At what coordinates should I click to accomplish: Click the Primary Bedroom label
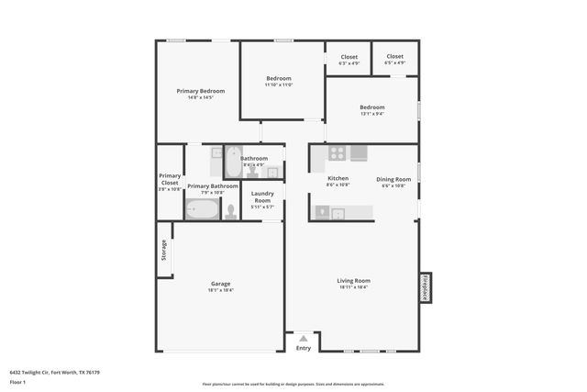click(200, 91)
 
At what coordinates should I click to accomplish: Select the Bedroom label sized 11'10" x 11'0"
click(279, 79)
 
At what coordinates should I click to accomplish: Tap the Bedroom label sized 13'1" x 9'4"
click(371, 107)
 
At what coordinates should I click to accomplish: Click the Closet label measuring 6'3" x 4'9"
click(349, 57)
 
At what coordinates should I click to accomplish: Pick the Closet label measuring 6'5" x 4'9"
click(394, 57)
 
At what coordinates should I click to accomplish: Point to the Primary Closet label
click(170, 179)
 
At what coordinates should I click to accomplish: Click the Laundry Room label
click(262, 196)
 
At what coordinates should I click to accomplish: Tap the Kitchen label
click(338, 178)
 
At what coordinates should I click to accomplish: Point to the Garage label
click(220, 284)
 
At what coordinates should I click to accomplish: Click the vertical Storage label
click(164, 250)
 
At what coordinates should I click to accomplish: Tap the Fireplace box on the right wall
click(425, 287)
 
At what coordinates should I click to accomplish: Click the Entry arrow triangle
click(303, 339)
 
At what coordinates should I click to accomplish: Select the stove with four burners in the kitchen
click(338, 153)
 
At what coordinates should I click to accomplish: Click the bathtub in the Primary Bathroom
click(202, 210)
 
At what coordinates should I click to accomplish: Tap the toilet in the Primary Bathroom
click(230, 211)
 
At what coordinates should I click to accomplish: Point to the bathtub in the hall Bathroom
click(233, 162)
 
